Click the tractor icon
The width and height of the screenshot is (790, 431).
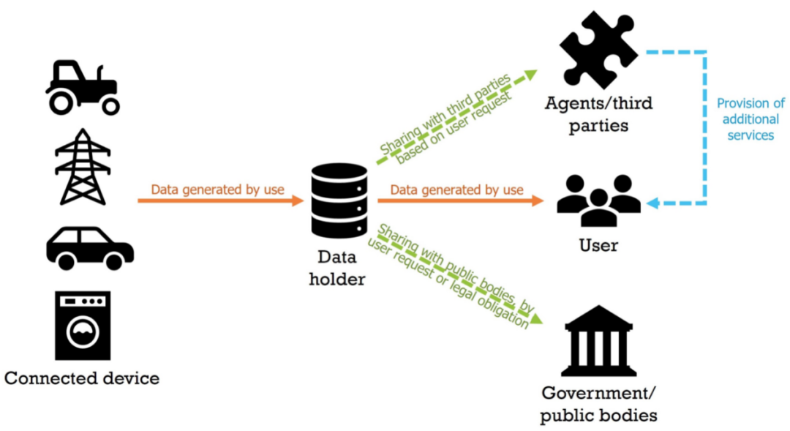click(x=82, y=86)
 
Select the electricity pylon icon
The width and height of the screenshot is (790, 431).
click(x=82, y=167)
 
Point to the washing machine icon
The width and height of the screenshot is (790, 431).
click(x=82, y=325)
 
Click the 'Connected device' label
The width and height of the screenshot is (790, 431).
click(x=82, y=378)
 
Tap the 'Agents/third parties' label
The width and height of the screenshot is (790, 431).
click(x=598, y=113)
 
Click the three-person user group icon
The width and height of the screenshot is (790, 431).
click(x=598, y=200)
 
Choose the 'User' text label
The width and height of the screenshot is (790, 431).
click(x=598, y=245)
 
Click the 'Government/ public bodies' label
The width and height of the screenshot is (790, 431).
click(x=598, y=405)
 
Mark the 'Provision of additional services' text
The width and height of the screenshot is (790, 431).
click(x=750, y=119)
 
